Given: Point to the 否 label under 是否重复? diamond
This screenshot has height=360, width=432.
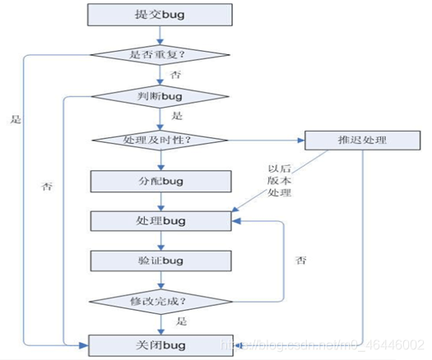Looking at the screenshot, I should pyautogui.click(x=175, y=75).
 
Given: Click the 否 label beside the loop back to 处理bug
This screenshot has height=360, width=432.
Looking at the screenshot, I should pyautogui.click(x=302, y=260).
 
